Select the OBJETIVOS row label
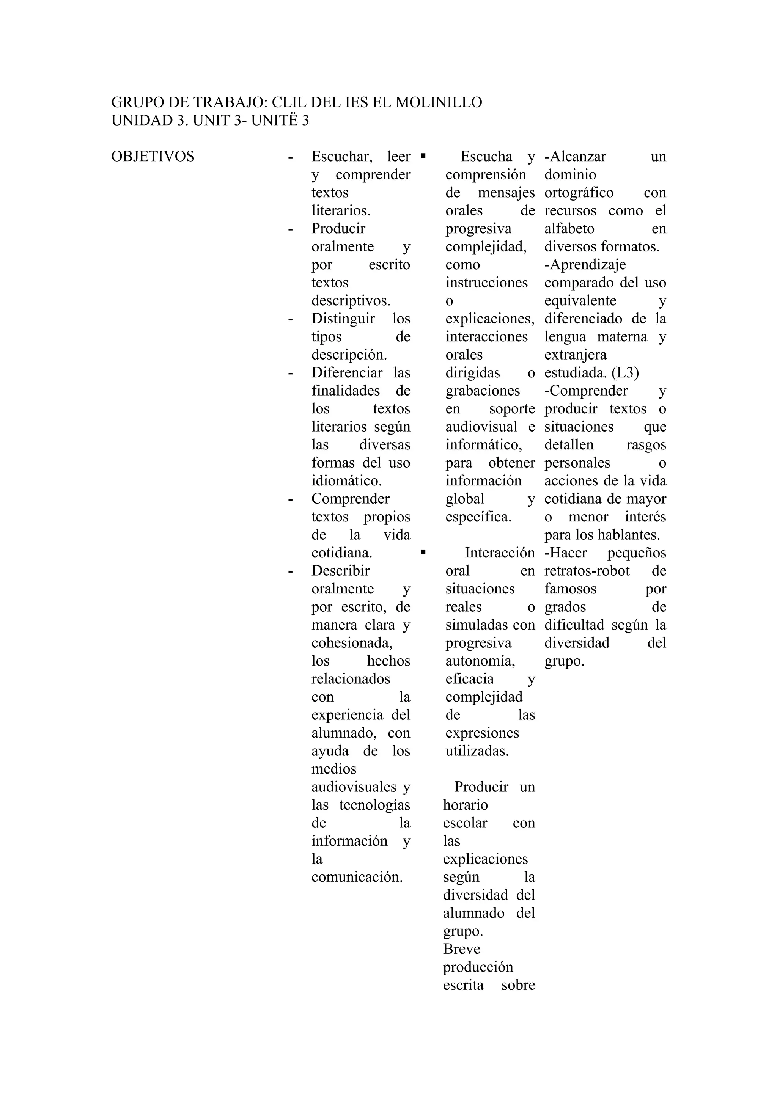[153, 157]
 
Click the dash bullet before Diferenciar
[290, 373]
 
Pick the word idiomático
[346, 480]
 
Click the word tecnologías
[374, 805]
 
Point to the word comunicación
[357, 877]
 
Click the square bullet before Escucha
[423, 155]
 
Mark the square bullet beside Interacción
[423, 552]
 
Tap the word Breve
[461, 949]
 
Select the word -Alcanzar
[575, 157]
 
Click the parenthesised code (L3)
[625, 373]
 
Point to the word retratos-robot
[587, 571]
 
